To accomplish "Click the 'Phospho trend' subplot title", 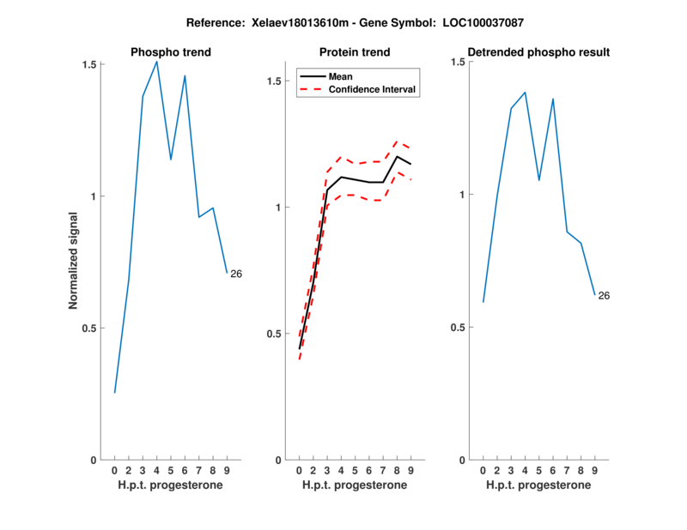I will [x=171, y=52].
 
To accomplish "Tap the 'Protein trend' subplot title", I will [x=355, y=52].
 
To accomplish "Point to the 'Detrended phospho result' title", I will [x=538, y=52].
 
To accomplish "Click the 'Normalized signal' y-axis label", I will [x=74, y=262].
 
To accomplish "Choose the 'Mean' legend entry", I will [x=341, y=75].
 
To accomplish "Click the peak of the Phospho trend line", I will [x=156, y=61].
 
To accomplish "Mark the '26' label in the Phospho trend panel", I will [x=236, y=274].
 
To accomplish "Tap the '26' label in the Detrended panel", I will [x=604, y=296].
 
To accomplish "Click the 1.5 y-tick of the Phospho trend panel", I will [x=88, y=64].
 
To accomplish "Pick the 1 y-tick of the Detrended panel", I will [x=461, y=195].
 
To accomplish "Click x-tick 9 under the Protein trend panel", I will [x=411, y=471].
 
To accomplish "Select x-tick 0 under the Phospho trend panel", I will [x=114, y=471].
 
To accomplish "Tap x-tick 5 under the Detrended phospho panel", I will [x=538, y=471].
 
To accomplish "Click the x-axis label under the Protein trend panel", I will [x=355, y=485].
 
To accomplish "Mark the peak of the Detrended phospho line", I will [x=525, y=92].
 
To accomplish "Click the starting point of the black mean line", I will [x=299, y=349].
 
